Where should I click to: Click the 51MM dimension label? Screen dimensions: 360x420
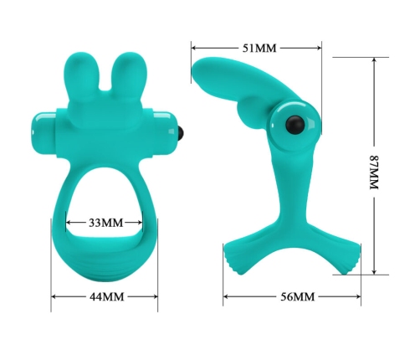[259, 48]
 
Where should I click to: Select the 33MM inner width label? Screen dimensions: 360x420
[105, 223]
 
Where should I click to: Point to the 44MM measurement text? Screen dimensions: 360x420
[105, 297]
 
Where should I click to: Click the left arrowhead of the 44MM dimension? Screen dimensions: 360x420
[54, 297]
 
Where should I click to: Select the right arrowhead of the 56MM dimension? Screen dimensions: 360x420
[359, 297]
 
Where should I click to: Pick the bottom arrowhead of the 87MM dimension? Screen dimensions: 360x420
[374, 272]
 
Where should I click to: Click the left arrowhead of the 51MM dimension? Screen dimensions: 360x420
[193, 48]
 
